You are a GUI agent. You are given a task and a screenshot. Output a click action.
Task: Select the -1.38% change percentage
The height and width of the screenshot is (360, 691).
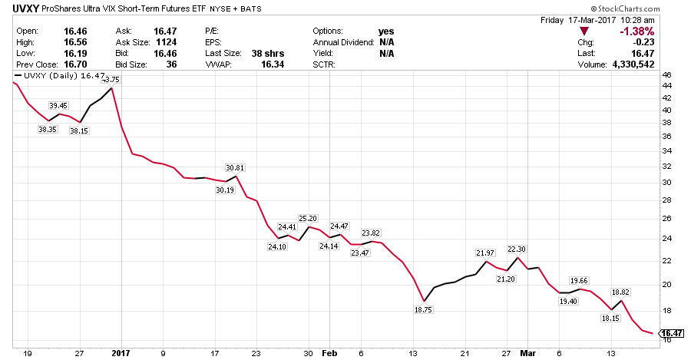pyautogui.click(x=636, y=31)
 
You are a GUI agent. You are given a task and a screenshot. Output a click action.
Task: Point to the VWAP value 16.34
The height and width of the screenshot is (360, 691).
pyautogui.click(x=272, y=65)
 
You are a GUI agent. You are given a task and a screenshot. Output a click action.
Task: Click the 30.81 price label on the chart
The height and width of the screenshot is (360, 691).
pyautogui.click(x=235, y=167)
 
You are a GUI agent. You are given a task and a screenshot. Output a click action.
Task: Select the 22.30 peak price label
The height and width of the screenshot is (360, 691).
pyautogui.click(x=517, y=249)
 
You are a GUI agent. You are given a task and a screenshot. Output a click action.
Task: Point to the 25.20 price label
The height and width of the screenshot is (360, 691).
pyautogui.click(x=308, y=218)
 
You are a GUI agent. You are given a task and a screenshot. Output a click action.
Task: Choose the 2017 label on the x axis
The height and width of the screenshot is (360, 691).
pyautogui.click(x=121, y=352)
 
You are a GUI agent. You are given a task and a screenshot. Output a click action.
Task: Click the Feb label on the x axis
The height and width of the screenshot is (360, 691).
pyautogui.click(x=329, y=352)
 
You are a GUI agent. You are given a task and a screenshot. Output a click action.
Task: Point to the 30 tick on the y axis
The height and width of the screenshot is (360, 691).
pyautogui.click(x=666, y=183)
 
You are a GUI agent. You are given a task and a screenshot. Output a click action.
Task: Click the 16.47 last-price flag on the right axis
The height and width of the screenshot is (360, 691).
pyautogui.click(x=672, y=333)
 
